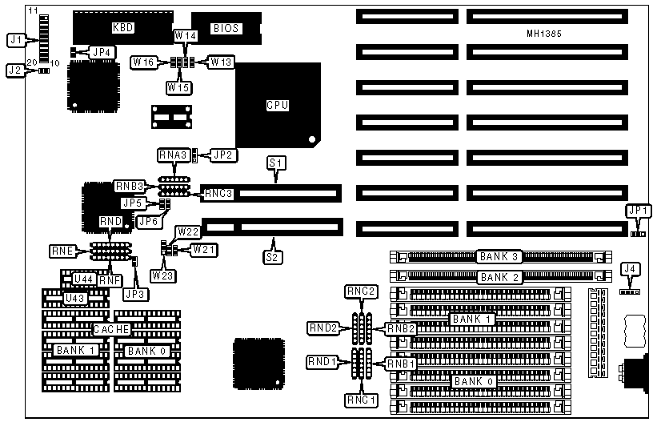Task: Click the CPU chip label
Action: point(277,105)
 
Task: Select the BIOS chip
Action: point(226,29)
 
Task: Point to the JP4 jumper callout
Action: point(102,52)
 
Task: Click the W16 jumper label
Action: point(145,62)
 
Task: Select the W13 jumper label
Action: point(220,62)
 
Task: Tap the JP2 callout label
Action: point(220,155)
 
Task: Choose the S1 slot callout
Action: point(276,163)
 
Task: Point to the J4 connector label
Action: point(631,268)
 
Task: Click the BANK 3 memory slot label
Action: point(499,257)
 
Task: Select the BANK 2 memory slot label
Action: point(499,277)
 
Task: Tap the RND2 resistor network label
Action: point(324,327)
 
